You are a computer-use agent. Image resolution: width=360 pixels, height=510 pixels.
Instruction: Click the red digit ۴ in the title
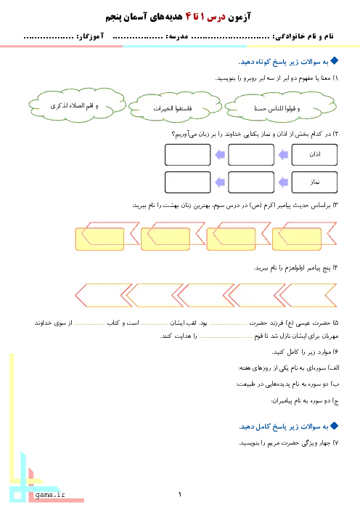[189, 17]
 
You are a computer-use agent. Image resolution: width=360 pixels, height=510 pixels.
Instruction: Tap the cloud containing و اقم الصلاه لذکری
[77, 105]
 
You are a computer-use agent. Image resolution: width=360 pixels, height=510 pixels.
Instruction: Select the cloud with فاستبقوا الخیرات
[175, 108]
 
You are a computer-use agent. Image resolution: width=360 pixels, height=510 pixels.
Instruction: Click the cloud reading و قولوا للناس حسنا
[280, 107]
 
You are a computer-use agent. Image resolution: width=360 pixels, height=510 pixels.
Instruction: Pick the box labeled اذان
[314, 155]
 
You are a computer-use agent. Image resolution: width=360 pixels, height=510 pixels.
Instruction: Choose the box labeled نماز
[314, 182]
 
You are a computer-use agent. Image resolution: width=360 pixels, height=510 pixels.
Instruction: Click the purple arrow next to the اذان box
[283, 155]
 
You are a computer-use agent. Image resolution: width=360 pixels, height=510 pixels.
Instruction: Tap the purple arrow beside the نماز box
[283, 182]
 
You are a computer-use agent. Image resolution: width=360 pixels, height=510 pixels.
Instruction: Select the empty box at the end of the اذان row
[187, 155]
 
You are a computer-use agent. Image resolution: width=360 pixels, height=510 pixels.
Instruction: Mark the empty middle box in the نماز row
[251, 182]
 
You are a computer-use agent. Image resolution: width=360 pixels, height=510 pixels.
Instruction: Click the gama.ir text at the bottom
[50, 495]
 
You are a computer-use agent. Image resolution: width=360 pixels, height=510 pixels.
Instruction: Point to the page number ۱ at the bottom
[180, 495]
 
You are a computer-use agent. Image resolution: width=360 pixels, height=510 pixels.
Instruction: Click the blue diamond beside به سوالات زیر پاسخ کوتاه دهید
[335, 61]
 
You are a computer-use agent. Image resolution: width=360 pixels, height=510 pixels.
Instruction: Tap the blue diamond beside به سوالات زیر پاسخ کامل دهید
[335, 426]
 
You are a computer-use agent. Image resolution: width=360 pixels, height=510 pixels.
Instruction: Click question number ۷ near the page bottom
[336, 443]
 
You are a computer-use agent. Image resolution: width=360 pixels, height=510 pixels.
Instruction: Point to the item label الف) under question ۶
[334, 368]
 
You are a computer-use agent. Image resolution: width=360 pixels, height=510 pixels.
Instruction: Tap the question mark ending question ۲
[173, 134]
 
